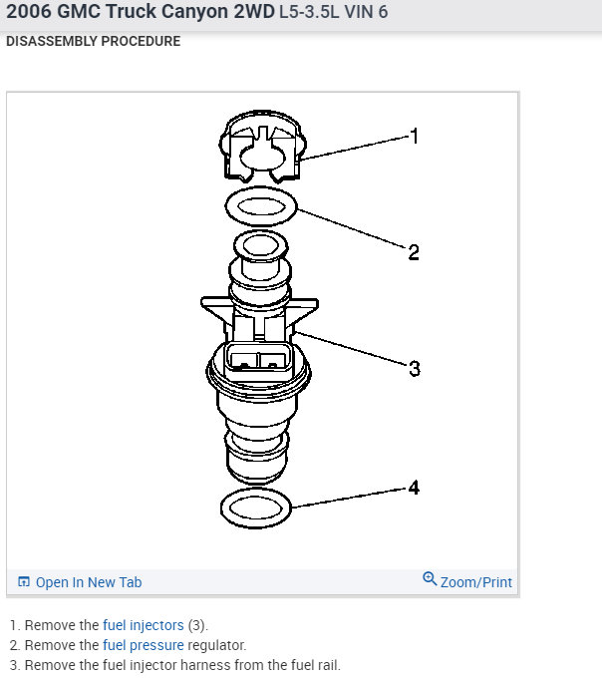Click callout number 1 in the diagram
tap(414, 137)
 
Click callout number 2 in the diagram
tap(414, 251)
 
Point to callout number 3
tap(414, 368)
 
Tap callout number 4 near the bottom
tap(414, 488)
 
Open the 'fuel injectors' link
tap(144, 625)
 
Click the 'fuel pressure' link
tap(144, 645)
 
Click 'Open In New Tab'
tap(89, 582)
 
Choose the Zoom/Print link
tap(476, 581)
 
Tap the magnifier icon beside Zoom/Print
tap(430, 579)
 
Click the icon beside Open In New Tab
tap(24, 582)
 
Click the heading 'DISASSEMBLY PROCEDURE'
tap(93, 43)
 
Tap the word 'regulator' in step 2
tap(216, 645)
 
